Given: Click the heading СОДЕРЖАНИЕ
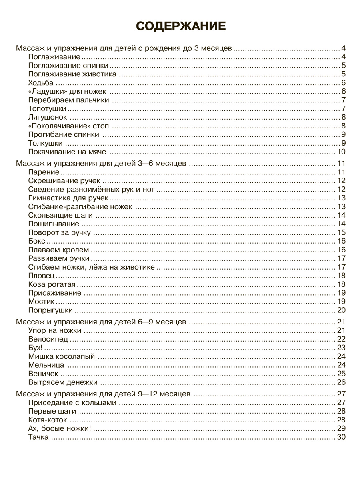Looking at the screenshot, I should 181,26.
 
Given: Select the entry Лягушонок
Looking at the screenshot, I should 48,117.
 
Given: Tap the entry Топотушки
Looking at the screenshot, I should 47,108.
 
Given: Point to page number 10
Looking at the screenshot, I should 341,152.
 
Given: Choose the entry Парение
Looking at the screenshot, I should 44,172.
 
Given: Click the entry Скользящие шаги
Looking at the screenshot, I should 60,215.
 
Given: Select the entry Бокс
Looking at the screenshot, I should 37,241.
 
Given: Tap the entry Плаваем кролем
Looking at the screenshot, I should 59,250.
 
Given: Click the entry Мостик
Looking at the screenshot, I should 42,301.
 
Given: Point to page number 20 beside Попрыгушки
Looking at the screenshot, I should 341,310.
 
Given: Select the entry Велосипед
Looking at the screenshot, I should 48,339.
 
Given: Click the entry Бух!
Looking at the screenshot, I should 36,347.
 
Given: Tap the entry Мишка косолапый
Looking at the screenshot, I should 62,356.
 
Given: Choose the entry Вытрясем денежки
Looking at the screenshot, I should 63,382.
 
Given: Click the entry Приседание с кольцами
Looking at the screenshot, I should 72,402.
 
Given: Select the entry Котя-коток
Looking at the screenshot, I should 48,420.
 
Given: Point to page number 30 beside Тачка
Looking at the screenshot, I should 341,437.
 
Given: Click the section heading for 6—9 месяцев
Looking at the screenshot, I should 100,322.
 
